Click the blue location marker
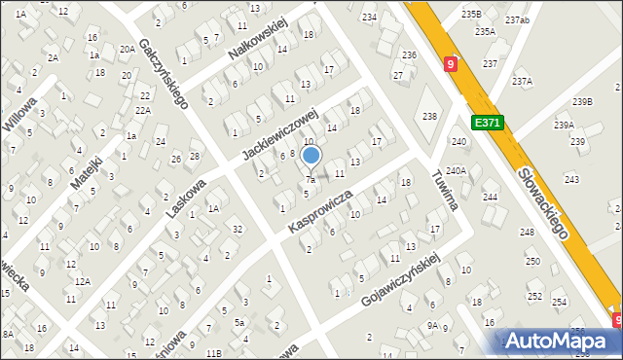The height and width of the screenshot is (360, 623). click(311, 155)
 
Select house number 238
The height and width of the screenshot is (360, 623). click(429, 116)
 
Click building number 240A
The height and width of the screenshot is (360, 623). click(457, 170)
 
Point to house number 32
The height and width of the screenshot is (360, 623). click(238, 229)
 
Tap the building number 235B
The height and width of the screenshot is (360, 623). click(471, 14)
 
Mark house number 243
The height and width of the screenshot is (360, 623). click(571, 179)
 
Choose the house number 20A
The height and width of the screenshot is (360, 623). click(127, 49)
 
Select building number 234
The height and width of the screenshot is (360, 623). click(369, 18)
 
